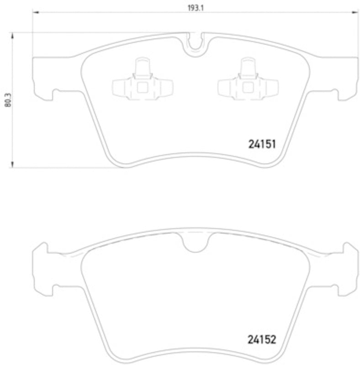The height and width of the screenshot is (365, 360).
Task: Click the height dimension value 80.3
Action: [7, 99]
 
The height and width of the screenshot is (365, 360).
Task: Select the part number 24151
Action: [263, 145]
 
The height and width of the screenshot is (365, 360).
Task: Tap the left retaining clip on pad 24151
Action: [143, 82]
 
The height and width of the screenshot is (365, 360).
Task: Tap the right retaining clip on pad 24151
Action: [248, 82]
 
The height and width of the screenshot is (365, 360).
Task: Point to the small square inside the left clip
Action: [143, 88]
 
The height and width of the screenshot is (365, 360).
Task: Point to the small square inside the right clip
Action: [248, 88]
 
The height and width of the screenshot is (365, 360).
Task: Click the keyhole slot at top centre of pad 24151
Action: [196, 43]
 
